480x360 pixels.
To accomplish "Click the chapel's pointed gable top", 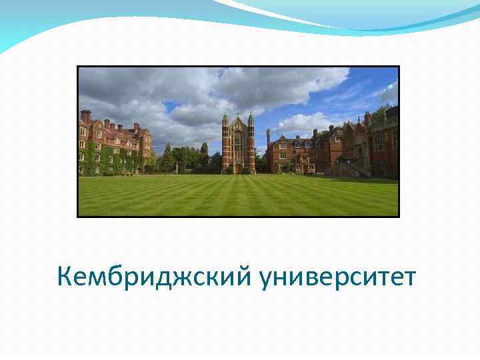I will coord(238,122).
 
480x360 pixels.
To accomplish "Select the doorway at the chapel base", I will coord(238,168).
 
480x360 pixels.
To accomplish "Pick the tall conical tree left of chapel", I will coord(204,153).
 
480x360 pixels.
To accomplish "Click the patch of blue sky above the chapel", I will coord(300,100).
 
